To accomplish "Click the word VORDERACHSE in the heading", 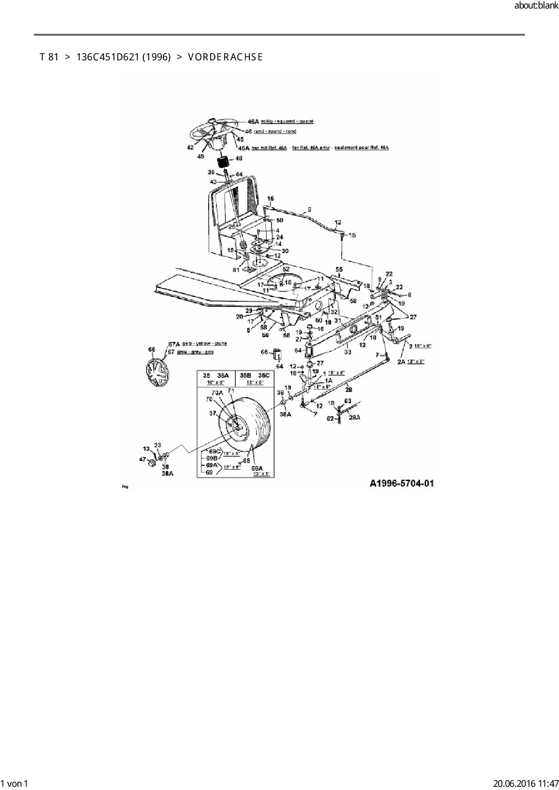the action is pyautogui.click(x=225, y=57).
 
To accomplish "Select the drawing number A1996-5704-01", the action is pyautogui.click(x=402, y=484).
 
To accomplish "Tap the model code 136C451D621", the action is pyautogui.click(x=108, y=57).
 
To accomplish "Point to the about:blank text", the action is pyautogui.click(x=536, y=6).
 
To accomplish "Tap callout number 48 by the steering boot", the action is pyautogui.click(x=238, y=159).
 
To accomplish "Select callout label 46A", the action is pyautogui.click(x=253, y=121).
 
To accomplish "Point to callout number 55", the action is pyautogui.click(x=339, y=269).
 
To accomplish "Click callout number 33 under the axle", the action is pyautogui.click(x=348, y=352).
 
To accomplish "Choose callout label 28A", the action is pyautogui.click(x=355, y=418).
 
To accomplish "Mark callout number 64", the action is pyautogui.click(x=279, y=367).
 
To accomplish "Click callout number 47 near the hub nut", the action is pyautogui.click(x=143, y=459).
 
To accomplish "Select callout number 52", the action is pyautogui.click(x=286, y=269).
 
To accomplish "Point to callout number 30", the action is pyautogui.click(x=285, y=251).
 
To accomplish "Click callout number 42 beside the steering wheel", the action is pyautogui.click(x=190, y=147).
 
